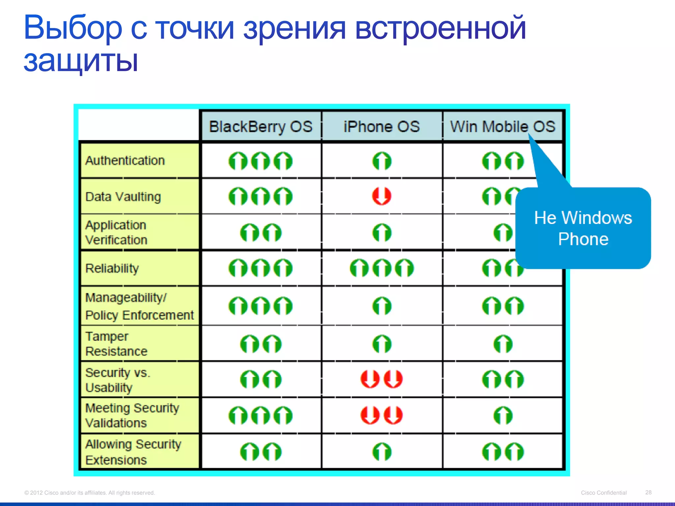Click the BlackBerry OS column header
coord(260,127)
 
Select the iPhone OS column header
coord(382,127)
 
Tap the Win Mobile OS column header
coord(502,127)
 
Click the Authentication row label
coord(125,161)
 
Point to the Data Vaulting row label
coord(123,197)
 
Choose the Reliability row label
coord(112,268)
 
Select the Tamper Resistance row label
coord(116,344)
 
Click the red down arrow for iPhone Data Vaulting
coord(382,196)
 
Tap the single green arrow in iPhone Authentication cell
coord(382,161)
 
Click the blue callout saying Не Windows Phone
coord(583,228)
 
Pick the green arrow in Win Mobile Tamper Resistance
coord(503,344)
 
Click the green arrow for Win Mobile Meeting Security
coord(503,415)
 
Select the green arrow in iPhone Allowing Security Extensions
coord(382,452)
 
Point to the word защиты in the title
coord(81,61)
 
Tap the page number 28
coord(648,492)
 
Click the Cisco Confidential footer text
coord(603,492)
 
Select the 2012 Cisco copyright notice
coord(89,492)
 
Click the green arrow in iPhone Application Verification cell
coord(382,233)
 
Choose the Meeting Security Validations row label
coord(132,415)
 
